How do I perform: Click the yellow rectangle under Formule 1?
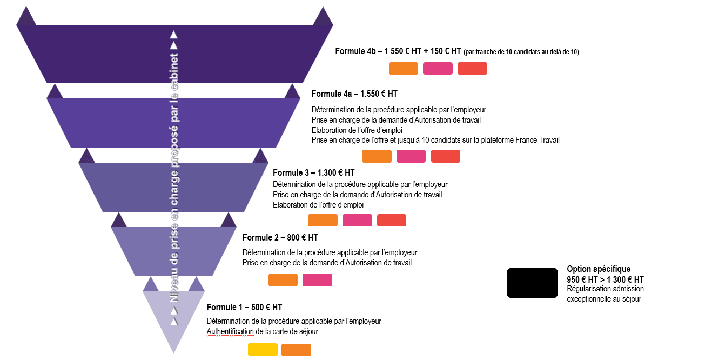[263, 350]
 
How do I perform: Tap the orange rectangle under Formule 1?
[296, 350]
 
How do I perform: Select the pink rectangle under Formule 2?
[317, 280]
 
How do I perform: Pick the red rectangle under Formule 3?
[392, 220]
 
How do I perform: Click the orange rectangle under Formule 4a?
[377, 156]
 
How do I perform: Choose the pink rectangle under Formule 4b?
[438, 68]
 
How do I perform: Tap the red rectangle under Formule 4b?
[472, 68]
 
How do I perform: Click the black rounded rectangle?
[532, 283]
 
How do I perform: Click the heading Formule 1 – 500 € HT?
[244, 307]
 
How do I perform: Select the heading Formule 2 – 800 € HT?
[280, 237]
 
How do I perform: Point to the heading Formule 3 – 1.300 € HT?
[314, 172]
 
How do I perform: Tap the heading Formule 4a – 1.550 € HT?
[354, 94]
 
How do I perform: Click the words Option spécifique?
[599, 269]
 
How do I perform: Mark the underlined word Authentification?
[230, 331]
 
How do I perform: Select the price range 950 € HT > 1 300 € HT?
[605, 279]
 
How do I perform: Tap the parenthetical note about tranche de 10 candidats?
[521, 52]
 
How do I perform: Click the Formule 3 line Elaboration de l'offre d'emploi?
[318, 205]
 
